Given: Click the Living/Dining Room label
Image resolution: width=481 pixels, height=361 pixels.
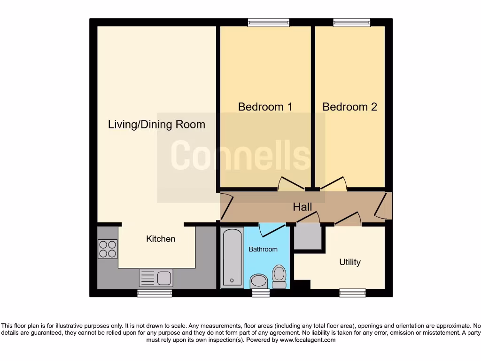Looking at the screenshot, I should click(156, 125).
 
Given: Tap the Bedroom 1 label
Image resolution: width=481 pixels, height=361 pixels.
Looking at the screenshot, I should click(265, 107).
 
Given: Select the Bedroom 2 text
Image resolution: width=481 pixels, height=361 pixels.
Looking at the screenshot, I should click(349, 107).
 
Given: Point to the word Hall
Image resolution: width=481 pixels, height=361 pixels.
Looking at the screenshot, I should click(303, 207).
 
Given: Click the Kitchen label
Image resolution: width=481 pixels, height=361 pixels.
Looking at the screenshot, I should click(161, 239).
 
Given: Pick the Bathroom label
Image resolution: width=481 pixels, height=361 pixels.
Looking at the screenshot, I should click(263, 249).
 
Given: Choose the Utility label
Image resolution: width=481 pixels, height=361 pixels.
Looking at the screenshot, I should click(350, 262).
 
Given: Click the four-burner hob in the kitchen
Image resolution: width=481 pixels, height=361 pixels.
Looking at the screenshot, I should click(107, 249).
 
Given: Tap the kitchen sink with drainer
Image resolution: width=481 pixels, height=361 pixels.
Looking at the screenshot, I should click(156, 278).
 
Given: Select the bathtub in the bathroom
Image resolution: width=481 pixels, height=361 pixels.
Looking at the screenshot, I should click(232, 257).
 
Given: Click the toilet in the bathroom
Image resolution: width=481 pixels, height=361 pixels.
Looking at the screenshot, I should click(279, 276).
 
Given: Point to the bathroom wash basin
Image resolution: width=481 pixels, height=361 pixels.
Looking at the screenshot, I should click(258, 282).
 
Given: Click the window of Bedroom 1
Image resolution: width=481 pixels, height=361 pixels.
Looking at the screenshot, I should click(269, 22).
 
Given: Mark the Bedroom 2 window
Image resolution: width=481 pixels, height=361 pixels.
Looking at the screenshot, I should click(352, 22).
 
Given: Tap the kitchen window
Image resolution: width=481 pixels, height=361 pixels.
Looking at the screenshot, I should click(155, 293).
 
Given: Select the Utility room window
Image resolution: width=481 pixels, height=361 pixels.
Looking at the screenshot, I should click(352, 293).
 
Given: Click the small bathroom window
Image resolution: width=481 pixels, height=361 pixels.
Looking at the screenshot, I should click(261, 293).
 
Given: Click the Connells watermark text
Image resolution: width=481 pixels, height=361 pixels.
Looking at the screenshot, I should click(240, 156).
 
